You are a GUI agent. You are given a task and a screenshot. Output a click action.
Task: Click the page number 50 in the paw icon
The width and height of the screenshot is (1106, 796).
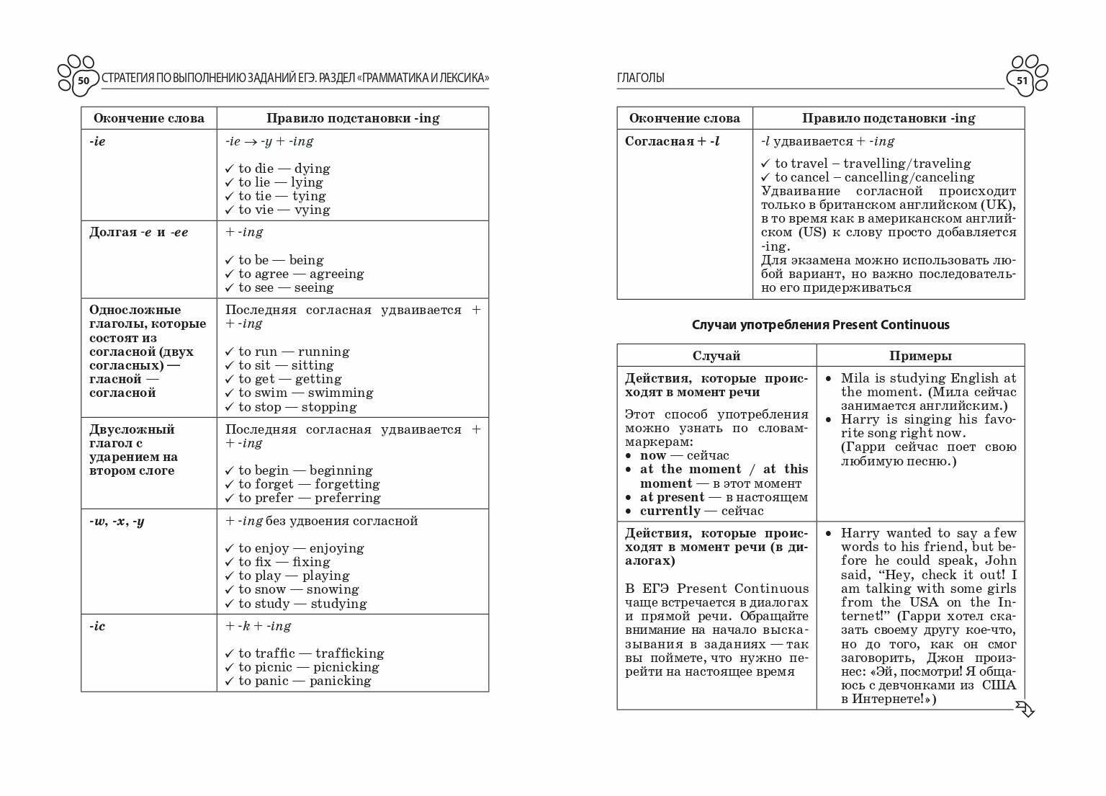point(84,81)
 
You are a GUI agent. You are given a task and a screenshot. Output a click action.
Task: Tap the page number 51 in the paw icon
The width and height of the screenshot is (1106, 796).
point(1022,81)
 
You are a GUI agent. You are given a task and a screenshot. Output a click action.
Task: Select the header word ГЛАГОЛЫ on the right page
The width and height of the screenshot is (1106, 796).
point(640,78)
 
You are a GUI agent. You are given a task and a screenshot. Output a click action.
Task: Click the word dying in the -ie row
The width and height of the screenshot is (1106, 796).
point(312,169)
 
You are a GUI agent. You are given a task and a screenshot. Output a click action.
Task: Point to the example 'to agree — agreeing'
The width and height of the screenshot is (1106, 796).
point(301,274)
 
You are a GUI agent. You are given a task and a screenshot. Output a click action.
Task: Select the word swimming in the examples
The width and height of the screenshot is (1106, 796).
point(340,393)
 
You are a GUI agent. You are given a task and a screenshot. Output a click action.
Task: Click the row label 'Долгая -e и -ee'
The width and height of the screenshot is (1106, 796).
point(138,232)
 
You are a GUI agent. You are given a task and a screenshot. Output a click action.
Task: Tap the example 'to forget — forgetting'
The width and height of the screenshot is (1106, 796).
point(309,484)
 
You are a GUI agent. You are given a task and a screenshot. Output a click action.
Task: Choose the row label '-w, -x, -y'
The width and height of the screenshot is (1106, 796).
point(117,521)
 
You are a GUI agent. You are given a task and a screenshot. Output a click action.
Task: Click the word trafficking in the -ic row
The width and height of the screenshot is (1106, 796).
point(349,653)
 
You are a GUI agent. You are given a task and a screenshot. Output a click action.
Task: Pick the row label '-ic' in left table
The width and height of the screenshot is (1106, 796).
point(97,626)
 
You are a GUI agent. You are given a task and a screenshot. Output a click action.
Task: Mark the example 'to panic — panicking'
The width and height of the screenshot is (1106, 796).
point(305,681)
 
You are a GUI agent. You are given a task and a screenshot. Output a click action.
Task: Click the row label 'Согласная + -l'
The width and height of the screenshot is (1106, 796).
point(672,141)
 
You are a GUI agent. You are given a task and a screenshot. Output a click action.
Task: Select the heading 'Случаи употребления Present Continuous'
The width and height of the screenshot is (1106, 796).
point(820,325)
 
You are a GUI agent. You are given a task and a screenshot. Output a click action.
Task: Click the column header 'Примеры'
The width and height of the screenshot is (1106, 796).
point(920,356)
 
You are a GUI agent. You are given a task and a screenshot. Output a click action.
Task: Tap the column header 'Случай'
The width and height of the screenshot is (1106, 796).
point(716,356)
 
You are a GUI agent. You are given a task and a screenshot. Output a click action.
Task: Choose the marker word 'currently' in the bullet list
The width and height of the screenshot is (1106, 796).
point(670,511)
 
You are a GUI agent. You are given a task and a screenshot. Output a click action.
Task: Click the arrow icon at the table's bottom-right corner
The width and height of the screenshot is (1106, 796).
point(1025,709)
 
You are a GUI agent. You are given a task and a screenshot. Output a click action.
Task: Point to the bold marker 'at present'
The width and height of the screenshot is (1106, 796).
point(672,497)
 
